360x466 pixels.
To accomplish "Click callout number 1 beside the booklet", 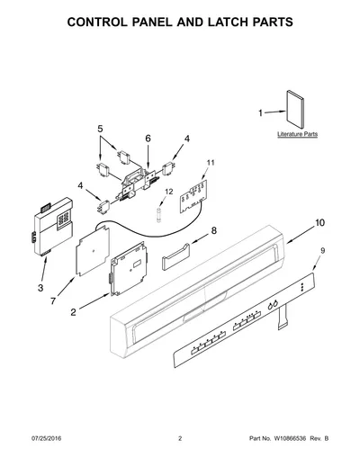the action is (260, 113).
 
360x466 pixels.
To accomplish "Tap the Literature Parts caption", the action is (297, 134).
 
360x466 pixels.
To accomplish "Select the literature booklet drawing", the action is (295, 109).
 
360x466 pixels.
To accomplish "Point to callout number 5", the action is (100, 129).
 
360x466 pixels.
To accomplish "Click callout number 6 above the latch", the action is (148, 139).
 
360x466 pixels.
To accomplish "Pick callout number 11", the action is (211, 163).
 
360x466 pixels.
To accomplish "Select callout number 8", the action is (214, 230).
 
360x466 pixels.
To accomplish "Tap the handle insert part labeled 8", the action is (175, 256).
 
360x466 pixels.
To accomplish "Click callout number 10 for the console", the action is (319, 223).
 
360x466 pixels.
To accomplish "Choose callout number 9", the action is (323, 251).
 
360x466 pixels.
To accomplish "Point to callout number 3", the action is (40, 288).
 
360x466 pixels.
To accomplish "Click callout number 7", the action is (53, 300).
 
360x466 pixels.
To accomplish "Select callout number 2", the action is (74, 312).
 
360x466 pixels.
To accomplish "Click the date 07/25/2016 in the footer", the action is (46, 438).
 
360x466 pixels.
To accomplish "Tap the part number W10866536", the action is (290, 438).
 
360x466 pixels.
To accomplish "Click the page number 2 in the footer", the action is (180, 438).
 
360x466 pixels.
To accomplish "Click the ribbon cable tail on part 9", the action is (283, 318).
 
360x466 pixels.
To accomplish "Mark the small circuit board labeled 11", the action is (193, 196).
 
